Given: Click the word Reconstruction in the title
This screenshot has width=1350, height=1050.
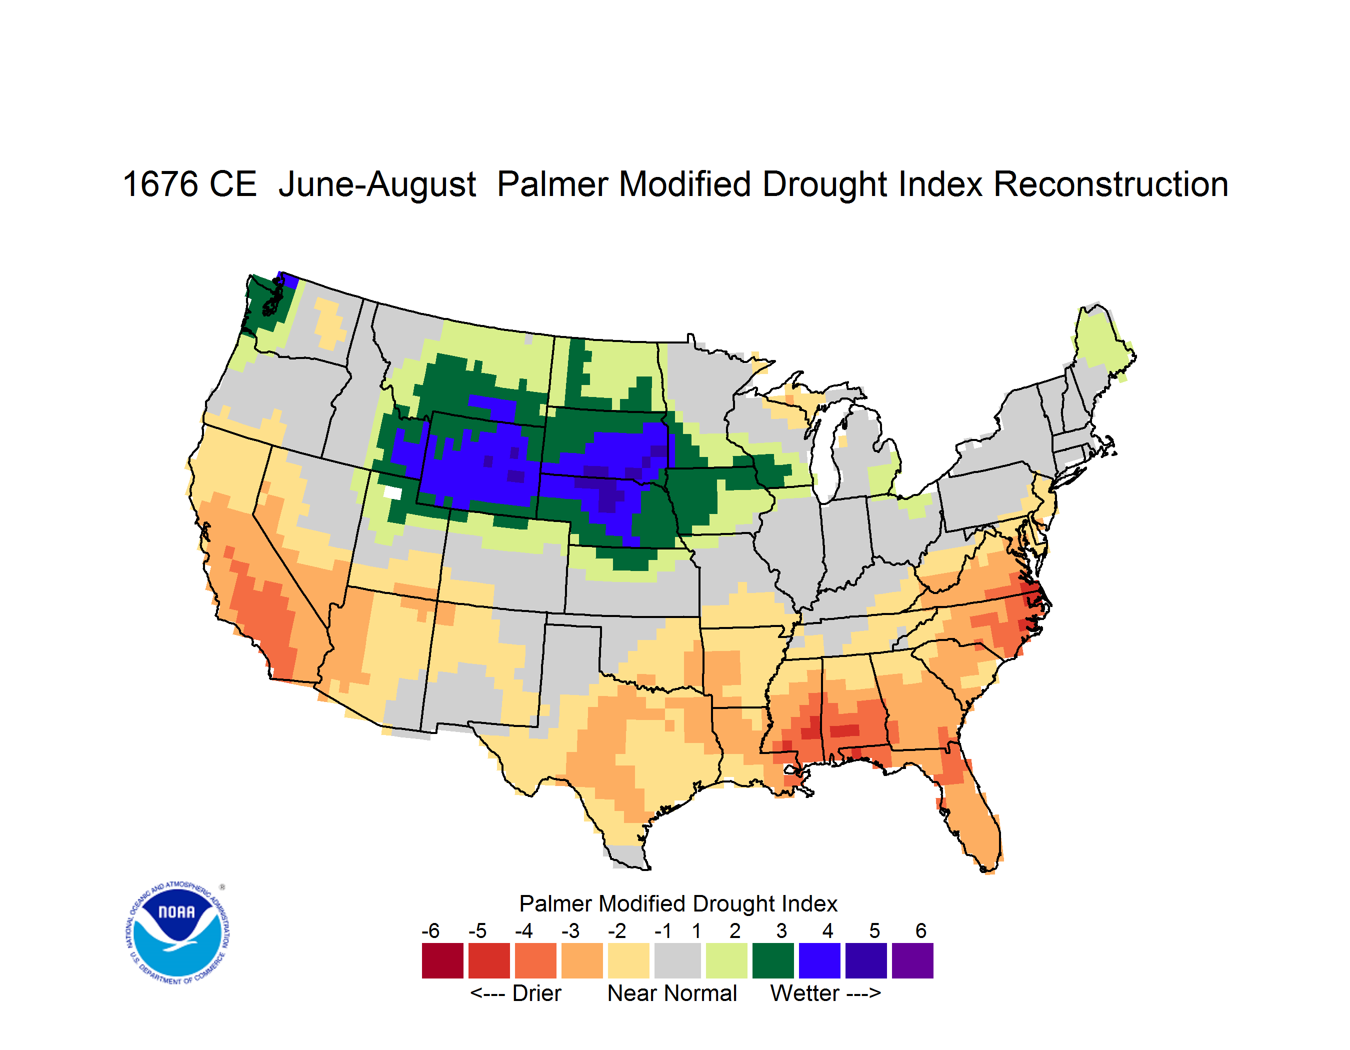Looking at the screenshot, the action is (x=1111, y=184).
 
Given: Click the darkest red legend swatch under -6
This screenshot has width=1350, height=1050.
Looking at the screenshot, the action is (x=442, y=960).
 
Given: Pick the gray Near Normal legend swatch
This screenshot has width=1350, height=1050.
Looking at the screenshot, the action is (x=677, y=960).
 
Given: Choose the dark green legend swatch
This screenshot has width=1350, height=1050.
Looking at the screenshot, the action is (x=772, y=960).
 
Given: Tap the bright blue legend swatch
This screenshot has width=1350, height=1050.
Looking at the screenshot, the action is (x=819, y=960).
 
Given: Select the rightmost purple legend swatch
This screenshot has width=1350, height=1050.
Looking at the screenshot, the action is (x=912, y=960).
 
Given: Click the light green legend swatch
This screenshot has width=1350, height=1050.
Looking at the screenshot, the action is (x=726, y=960).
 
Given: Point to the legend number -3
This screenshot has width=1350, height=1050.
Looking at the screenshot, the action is (x=570, y=930).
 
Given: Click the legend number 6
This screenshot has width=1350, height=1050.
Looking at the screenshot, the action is (x=921, y=930).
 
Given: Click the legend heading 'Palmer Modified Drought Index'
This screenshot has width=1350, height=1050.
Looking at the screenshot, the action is (x=678, y=903).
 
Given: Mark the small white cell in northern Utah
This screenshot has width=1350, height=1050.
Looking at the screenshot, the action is (x=392, y=492).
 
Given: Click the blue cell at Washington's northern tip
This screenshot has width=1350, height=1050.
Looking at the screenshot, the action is (x=288, y=280).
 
